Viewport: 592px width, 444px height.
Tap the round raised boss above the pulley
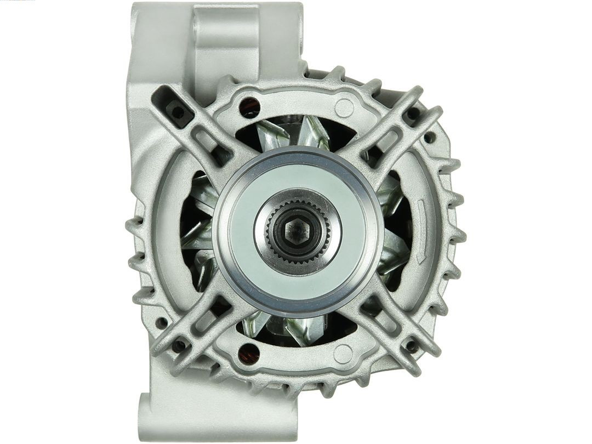(344, 106)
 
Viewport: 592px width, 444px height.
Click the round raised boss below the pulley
(344, 353)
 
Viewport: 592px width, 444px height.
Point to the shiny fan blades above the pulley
(296, 134)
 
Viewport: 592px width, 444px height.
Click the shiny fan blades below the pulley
(296, 329)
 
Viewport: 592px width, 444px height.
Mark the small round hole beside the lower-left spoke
(161, 323)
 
